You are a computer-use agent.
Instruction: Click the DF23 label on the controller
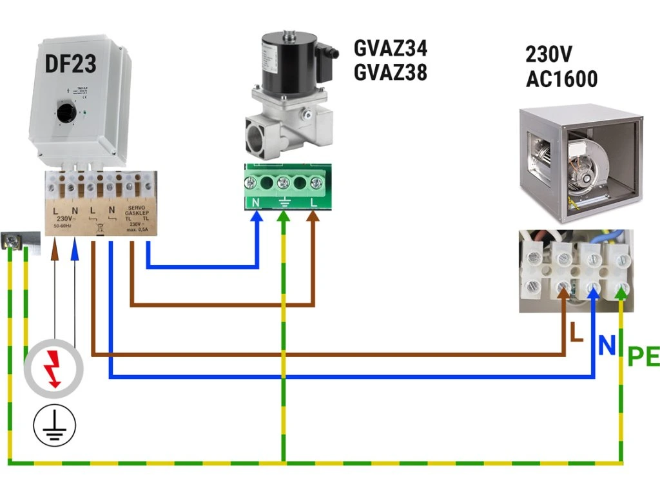click(70, 63)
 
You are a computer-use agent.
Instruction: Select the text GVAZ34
click(390, 48)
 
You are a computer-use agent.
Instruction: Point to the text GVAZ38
click(390, 73)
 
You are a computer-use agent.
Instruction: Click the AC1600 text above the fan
click(561, 79)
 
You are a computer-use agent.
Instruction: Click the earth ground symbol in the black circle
click(55, 425)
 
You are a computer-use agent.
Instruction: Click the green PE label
click(644, 356)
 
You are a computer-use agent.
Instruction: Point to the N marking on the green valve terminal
click(256, 202)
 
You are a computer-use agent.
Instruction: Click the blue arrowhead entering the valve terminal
click(257, 217)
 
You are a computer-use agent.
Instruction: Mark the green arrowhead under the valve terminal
click(283, 218)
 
